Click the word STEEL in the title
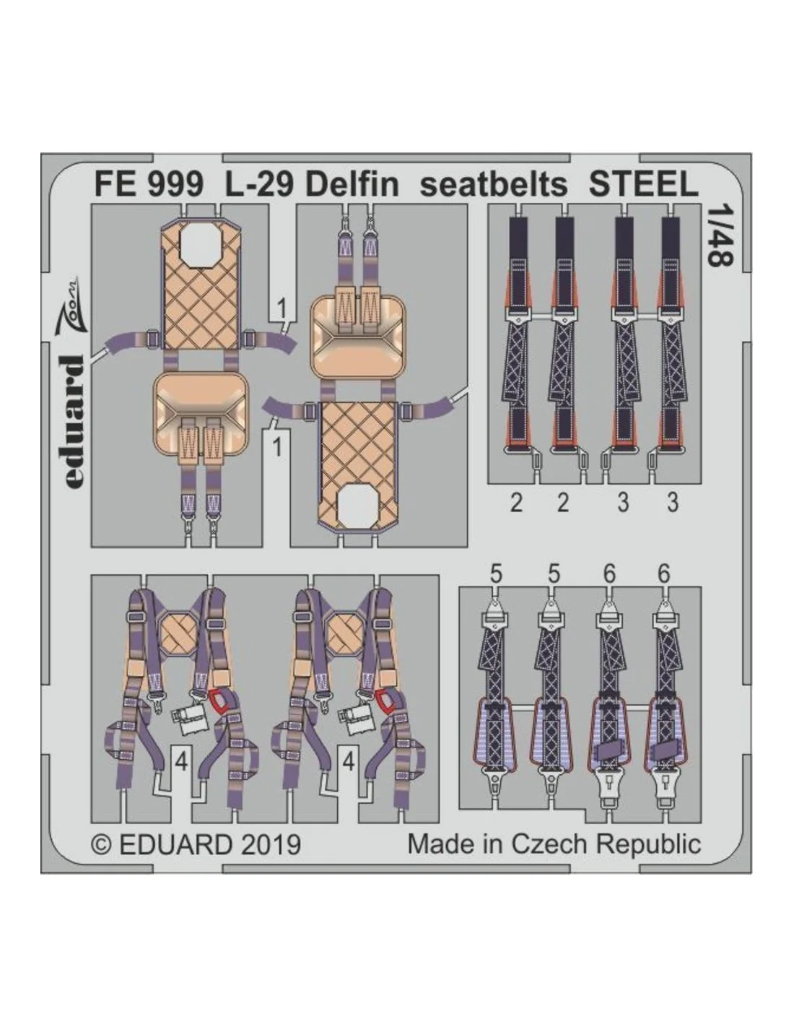coord(643,185)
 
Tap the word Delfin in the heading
coord(352,185)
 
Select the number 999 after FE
coord(175,185)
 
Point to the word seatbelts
coord(494,185)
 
